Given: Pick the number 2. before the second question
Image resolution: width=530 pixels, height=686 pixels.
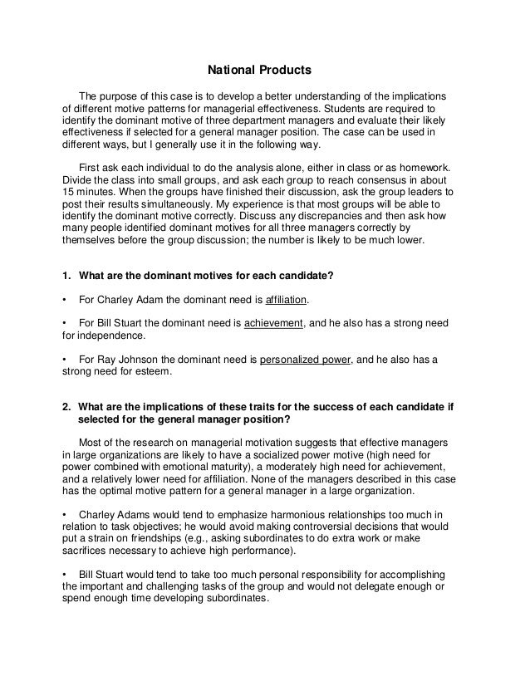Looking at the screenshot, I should (68, 406).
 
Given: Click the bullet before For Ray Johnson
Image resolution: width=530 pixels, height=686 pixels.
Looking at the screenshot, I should (66, 360).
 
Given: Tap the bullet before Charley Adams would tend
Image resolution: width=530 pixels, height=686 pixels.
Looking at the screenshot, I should (66, 512).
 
